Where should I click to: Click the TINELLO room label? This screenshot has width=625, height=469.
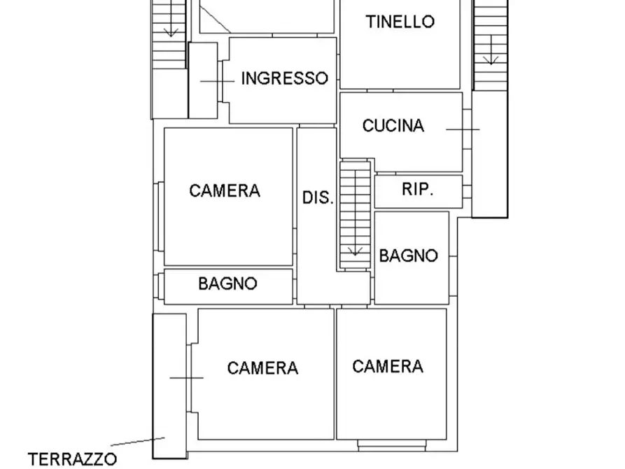coord(400,22)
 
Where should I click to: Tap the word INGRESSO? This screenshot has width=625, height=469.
coord(284,78)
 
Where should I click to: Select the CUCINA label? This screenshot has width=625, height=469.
coord(393,126)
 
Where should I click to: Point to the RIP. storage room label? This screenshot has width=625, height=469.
coord(417,190)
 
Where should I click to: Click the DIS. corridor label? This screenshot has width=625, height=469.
coord(317,198)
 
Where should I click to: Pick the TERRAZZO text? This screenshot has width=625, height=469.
coord(72,459)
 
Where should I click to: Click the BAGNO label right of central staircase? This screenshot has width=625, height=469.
coord(409,256)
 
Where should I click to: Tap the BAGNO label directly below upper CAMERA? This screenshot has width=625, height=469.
coord(227,284)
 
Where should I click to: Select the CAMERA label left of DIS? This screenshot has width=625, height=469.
coord(225,190)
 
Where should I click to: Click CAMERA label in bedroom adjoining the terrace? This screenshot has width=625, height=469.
coord(262,368)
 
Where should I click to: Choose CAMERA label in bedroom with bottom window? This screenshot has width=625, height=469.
coord(388,366)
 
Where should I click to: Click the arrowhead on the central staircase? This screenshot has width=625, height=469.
coord(354,250)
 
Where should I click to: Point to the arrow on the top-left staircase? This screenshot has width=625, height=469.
coord(170,31)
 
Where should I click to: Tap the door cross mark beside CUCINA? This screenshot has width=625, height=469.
coord(463,129)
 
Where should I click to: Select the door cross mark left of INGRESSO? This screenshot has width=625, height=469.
coord(218,81)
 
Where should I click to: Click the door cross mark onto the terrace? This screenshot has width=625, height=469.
coord(186,378)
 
